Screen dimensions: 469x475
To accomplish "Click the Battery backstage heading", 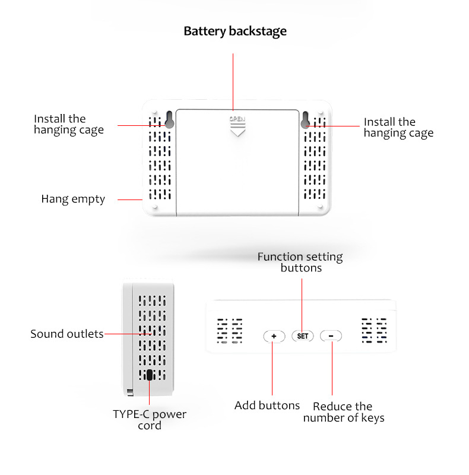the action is tap(235, 31).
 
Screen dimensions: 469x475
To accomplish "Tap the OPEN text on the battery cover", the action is tap(237, 119).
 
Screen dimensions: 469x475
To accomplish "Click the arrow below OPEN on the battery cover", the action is tap(237, 129).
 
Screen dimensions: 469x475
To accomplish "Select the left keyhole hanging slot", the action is tap(169, 120).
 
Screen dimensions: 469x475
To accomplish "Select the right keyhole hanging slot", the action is tap(305, 120).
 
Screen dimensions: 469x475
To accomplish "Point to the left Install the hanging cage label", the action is tap(69, 124).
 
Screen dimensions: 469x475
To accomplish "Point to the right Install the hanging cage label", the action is tap(398, 128).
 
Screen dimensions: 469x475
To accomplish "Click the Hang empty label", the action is tap(73, 199).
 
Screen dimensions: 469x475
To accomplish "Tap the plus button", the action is tap(274, 336).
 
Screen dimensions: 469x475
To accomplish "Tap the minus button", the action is tap(331, 335).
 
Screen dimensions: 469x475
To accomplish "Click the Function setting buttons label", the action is tap(300, 262).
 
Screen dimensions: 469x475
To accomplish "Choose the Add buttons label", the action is tap(267, 406).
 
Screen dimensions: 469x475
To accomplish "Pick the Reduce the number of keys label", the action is tap(344, 412).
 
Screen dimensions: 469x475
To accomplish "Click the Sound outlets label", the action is tap(67, 334).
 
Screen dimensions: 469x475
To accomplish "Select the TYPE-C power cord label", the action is tap(150, 420).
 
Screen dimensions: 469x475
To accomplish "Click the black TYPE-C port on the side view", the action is tap(150, 375).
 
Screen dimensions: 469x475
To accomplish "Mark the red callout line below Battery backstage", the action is tap(233, 82).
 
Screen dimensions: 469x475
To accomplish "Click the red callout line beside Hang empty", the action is tap(130, 199).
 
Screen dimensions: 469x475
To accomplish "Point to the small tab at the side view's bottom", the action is tap(130, 392).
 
